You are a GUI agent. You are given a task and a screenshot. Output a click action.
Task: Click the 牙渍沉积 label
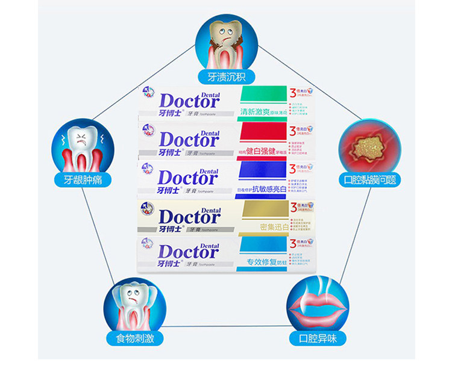point(226,77)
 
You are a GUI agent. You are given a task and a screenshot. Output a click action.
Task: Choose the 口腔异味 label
point(318,338)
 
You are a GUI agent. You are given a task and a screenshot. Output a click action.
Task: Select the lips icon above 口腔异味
point(318,304)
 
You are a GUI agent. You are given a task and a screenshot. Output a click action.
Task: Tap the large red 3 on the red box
point(292,131)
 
